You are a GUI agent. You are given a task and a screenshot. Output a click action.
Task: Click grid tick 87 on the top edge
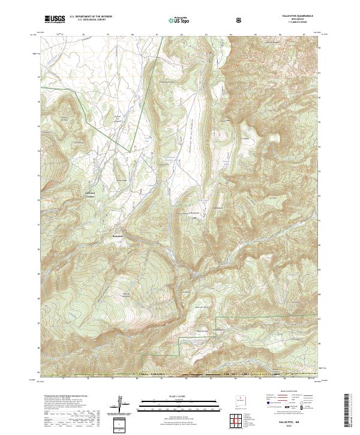[304, 34]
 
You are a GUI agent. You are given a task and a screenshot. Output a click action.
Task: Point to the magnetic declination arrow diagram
[121, 404]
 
